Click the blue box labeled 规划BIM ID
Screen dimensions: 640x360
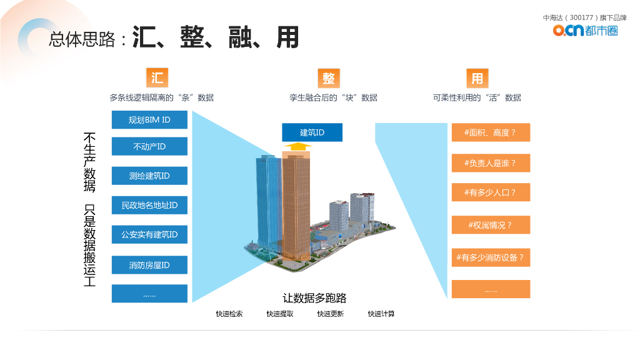pyautogui.click(x=149, y=119)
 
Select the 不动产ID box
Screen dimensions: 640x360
pyautogui.click(x=149, y=146)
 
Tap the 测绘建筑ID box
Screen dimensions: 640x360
pyautogui.click(x=149, y=176)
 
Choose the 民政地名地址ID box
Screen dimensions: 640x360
pyautogui.click(x=149, y=205)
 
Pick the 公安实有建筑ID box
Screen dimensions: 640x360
pyautogui.click(x=149, y=235)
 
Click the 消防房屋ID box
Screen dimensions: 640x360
pyautogui.click(x=149, y=265)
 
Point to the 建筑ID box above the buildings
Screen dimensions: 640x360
pyautogui.click(x=312, y=132)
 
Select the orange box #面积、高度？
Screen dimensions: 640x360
pyautogui.click(x=491, y=132)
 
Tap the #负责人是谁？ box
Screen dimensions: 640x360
pyautogui.click(x=491, y=163)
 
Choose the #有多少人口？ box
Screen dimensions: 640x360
pyautogui.click(x=491, y=192)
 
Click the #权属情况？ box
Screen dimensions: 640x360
pyautogui.click(x=491, y=225)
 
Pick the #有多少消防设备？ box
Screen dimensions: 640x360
pyautogui.click(x=491, y=257)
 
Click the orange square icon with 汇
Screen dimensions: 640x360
pyautogui.click(x=157, y=77)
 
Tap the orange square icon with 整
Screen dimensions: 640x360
pyautogui.click(x=329, y=77)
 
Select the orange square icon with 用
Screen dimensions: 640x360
pyautogui.click(x=477, y=78)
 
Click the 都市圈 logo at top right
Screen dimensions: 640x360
pyautogui.click(x=586, y=30)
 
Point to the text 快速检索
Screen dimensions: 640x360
pyautogui.click(x=229, y=314)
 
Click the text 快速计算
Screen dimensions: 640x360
pyautogui.click(x=381, y=314)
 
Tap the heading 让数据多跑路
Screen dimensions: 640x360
pyautogui.click(x=314, y=298)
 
